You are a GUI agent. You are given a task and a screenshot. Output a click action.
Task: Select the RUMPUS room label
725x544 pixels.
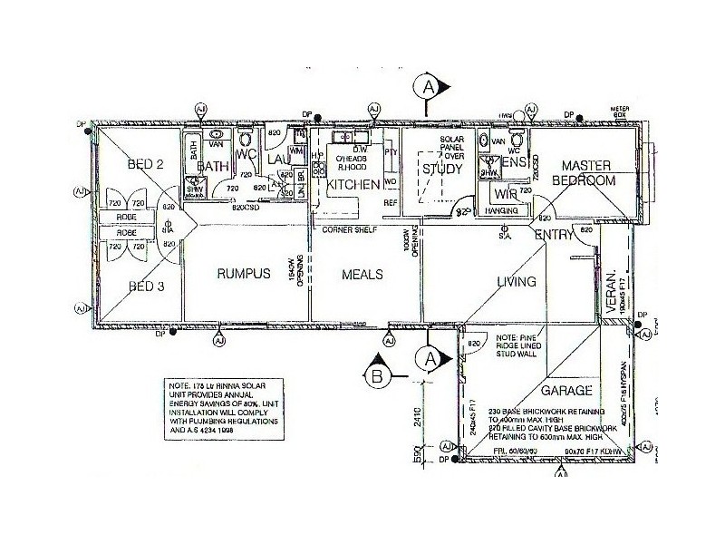click(x=242, y=275)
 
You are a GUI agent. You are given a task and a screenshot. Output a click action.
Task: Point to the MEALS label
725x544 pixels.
click(x=362, y=275)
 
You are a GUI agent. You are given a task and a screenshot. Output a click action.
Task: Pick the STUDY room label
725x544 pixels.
click(x=442, y=168)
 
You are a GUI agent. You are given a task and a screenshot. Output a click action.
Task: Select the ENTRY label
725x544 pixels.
click(x=553, y=236)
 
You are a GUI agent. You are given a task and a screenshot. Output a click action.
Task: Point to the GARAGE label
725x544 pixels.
click(x=566, y=391)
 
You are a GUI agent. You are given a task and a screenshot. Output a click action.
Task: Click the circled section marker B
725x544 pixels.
click(x=379, y=374)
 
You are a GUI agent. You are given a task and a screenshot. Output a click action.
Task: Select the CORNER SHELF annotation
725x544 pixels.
click(x=350, y=230)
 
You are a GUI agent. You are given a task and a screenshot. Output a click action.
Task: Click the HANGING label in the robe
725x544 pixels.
click(x=503, y=210)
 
